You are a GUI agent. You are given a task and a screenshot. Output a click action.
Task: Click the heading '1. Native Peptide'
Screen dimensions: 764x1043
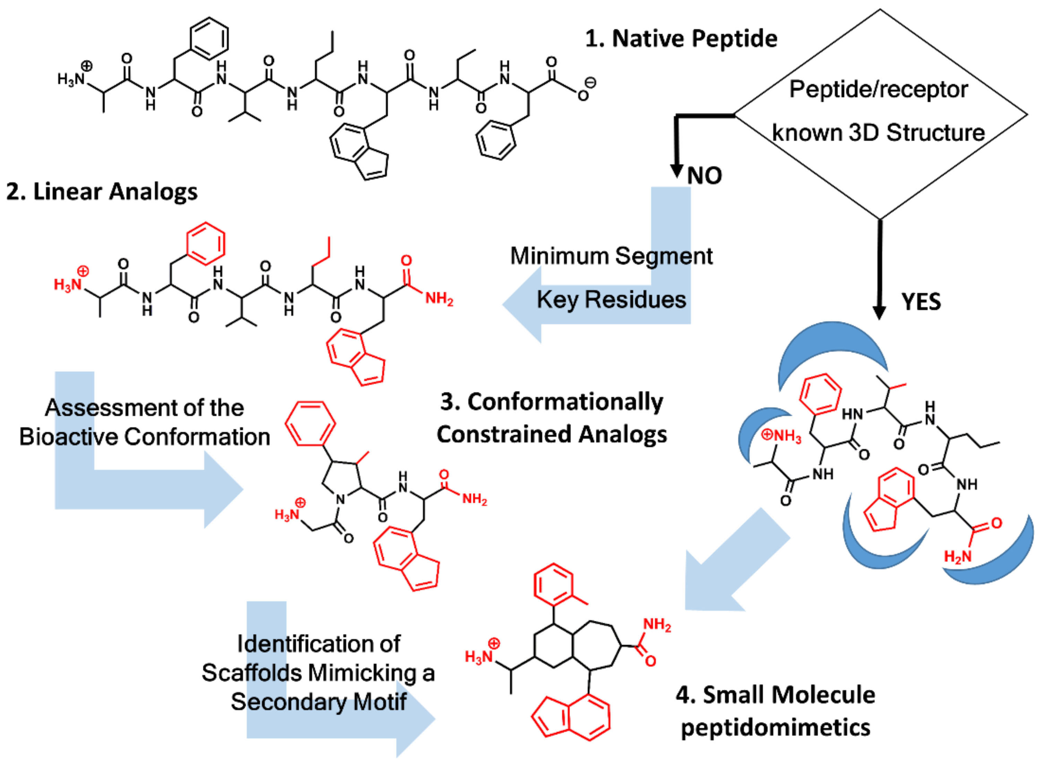coord(681,38)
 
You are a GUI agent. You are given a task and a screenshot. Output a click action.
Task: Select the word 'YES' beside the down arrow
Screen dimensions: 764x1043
coord(921,302)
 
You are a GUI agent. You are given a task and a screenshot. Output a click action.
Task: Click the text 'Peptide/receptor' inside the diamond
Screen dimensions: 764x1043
coord(878,89)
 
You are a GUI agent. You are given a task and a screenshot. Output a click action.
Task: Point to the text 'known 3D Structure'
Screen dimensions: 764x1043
coord(878,133)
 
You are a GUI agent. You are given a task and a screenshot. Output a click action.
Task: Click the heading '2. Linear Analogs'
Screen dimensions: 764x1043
coord(102,191)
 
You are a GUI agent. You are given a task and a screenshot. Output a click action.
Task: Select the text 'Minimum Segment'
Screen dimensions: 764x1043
coord(611,256)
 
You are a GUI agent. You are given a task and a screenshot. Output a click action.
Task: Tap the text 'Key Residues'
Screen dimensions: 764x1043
coord(611,300)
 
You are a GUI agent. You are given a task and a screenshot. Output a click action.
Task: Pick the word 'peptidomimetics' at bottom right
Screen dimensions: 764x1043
coord(775,728)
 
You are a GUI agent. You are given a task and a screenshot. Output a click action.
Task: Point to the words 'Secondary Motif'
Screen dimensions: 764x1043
coord(318,702)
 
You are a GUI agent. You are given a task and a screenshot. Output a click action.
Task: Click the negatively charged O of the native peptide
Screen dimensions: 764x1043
coord(583,95)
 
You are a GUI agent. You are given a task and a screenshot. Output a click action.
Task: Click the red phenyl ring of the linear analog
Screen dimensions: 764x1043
coord(205,244)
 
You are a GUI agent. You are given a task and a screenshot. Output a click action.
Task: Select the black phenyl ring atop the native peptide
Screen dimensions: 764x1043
coord(209,39)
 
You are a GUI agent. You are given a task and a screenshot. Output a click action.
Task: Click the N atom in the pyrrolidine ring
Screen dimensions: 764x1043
coord(341,500)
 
